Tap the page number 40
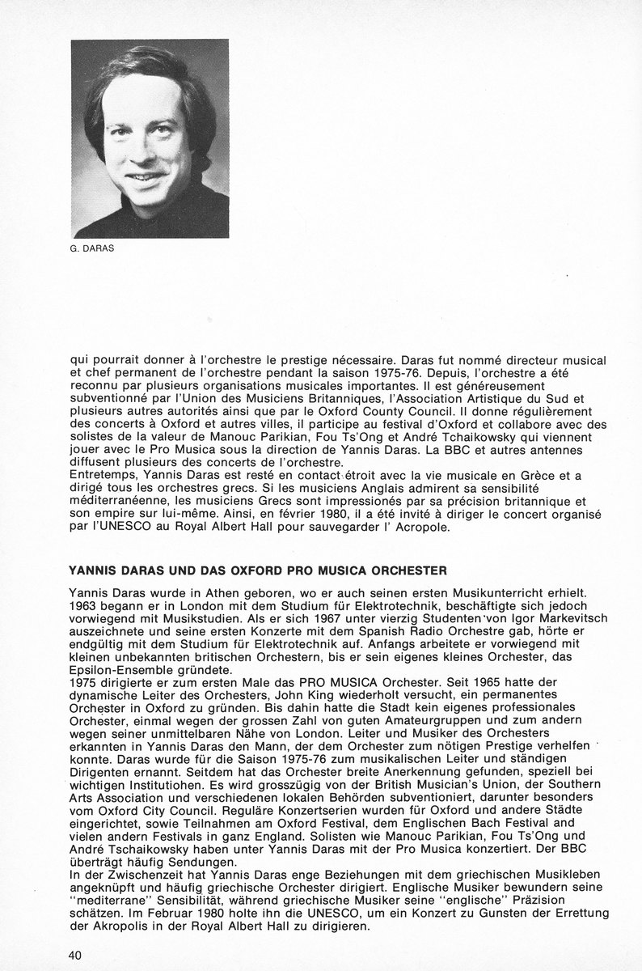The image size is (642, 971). coord(75,955)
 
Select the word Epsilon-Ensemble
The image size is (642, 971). coord(120,670)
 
